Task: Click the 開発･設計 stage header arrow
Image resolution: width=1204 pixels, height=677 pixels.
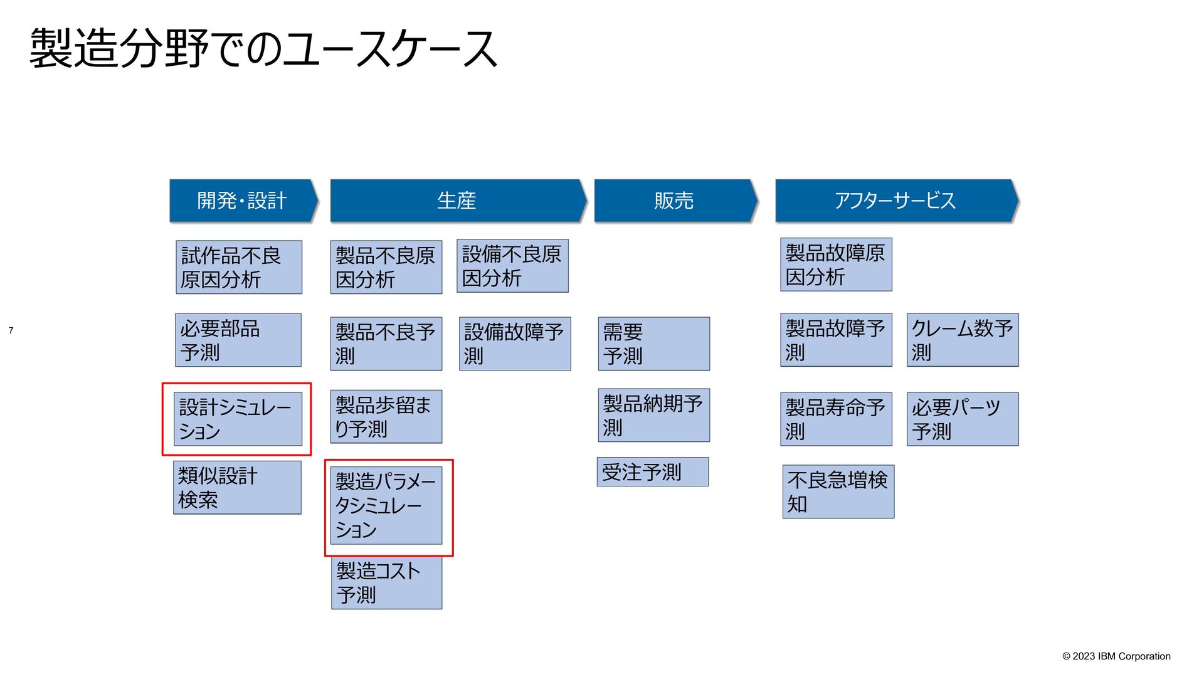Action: [x=243, y=201]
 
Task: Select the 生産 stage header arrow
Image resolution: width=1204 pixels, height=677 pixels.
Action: [x=457, y=201]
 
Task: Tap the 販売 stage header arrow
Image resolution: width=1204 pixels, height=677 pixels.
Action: [x=675, y=201]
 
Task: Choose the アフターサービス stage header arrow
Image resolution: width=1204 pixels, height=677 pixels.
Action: [x=895, y=201]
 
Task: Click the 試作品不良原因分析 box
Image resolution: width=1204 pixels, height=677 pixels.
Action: [x=239, y=267]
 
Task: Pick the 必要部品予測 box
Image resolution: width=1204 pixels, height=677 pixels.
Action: [x=238, y=340]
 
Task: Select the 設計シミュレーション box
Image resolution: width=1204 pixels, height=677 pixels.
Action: [x=239, y=419]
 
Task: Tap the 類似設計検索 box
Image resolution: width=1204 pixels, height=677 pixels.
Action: [x=238, y=488]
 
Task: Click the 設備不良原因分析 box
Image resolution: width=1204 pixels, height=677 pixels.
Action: [x=512, y=266]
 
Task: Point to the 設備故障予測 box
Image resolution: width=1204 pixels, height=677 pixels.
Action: [x=515, y=344]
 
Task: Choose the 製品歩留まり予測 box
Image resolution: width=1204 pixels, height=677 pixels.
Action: [x=386, y=417]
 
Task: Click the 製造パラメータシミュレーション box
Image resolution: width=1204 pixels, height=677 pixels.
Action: [x=386, y=505]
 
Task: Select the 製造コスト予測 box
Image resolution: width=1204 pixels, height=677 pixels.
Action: [x=386, y=582]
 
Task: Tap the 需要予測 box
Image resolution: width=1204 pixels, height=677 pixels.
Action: [x=654, y=344]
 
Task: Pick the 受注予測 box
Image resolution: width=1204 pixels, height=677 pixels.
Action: [x=653, y=472]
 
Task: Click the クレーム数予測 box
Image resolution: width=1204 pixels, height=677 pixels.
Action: [x=963, y=340]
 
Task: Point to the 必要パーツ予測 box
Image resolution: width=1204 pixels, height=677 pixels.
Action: [x=963, y=419]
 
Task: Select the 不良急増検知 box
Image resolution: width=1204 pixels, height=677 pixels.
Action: [x=838, y=491]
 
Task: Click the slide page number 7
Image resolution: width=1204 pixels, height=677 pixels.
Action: [x=11, y=330]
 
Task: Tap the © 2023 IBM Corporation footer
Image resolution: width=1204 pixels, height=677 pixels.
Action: [x=1116, y=656]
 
